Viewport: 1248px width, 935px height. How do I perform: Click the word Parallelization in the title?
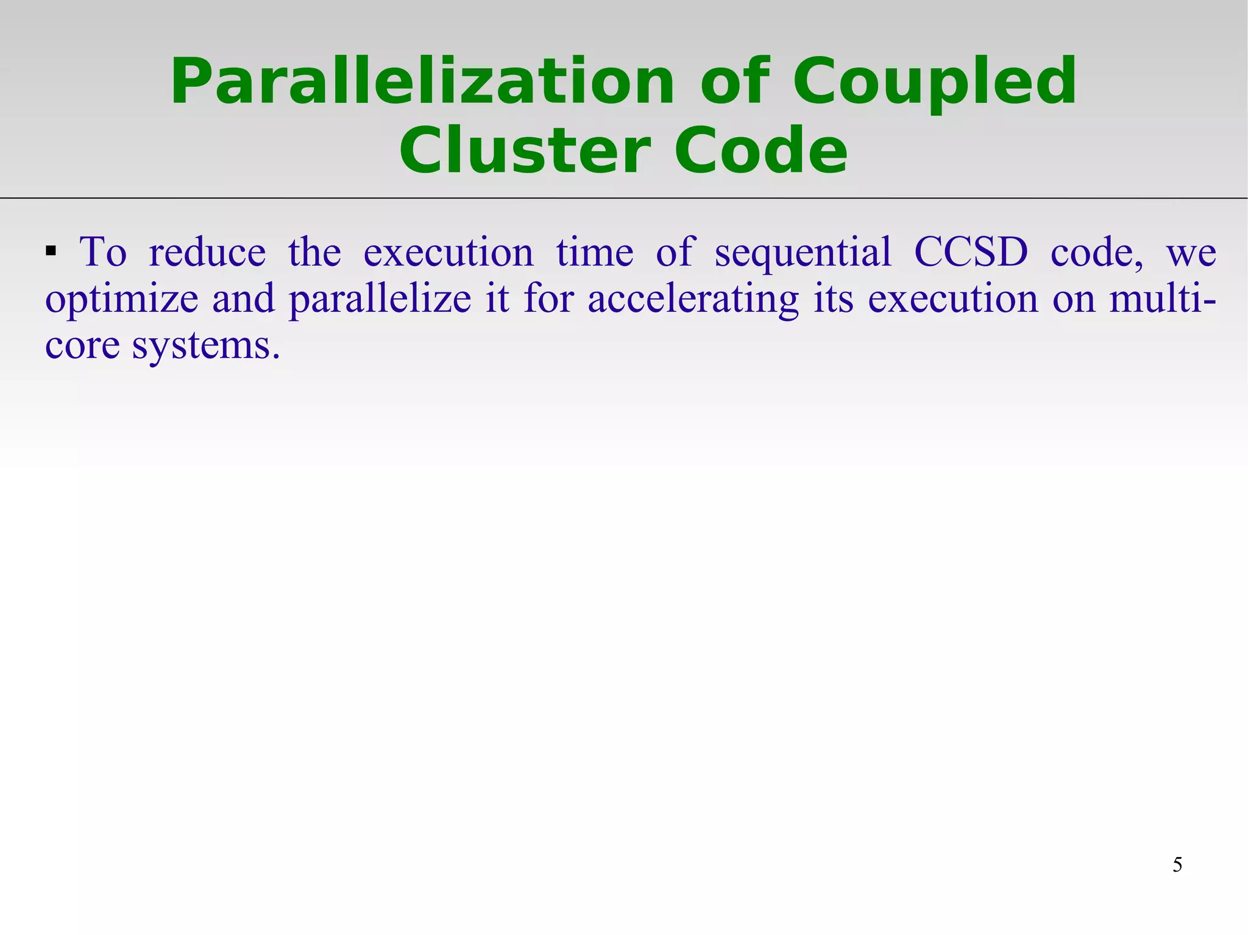pyautogui.click(x=422, y=82)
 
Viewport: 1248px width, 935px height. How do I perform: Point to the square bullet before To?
pyautogui.click(x=51, y=250)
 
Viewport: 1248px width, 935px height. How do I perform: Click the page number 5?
pyautogui.click(x=1177, y=864)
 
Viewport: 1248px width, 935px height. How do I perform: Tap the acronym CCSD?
pyautogui.click(x=971, y=252)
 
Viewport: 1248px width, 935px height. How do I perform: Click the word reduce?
pyautogui.click(x=207, y=252)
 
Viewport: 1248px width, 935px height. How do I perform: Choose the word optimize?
pyautogui.click(x=122, y=300)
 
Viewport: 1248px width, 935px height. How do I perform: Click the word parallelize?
pyautogui.click(x=380, y=300)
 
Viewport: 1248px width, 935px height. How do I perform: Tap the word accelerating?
pyautogui.click(x=693, y=300)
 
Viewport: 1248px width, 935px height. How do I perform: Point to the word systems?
pyautogui.click(x=206, y=346)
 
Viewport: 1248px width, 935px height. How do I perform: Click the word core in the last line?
pyautogui.click(x=82, y=346)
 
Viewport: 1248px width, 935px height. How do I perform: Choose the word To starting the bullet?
pyautogui.click(x=103, y=252)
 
